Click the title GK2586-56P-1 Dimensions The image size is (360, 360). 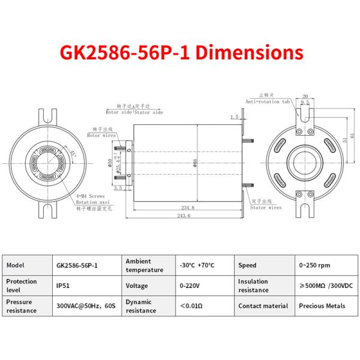pos(180,52)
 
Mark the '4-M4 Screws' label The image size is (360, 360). pos(90,196)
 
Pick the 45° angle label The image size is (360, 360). pos(73,154)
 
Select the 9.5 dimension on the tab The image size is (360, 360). pos(305,103)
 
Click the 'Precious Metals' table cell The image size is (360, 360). pos(322,305)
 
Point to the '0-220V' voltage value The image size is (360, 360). pos(190,286)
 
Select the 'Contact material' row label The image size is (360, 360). pos(263,305)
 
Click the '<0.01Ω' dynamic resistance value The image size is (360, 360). pos(192,306)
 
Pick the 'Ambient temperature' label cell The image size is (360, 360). pos(144,265)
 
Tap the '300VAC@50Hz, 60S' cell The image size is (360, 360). pos(86,306)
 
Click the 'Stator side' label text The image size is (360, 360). pos(149,112)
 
